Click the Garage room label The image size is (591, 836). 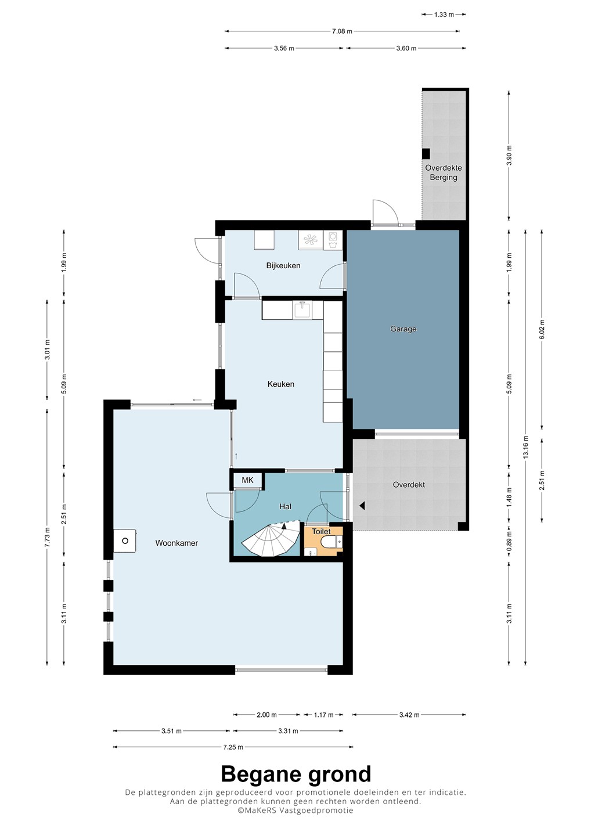click(x=403, y=329)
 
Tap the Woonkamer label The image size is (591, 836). click(x=176, y=543)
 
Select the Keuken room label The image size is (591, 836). click(x=280, y=384)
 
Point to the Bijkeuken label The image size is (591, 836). click(x=283, y=265)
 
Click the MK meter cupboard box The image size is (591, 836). click(x=247, y=480)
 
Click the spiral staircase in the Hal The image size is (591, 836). click(x=271, y=538)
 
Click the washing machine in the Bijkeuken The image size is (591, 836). click(x=333, y=240)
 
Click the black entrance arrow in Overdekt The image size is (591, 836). click(x=362, y=506)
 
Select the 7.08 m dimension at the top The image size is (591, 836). click(x=342, y=31)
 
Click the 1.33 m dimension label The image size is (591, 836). click(x=444, y=15)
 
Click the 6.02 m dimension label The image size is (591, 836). click(x=542, y=329)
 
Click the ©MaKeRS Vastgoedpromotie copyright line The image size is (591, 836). click(x=295, y=810)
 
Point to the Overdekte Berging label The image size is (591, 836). click(x=444, y=172)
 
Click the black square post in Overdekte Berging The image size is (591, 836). click(x=426, y=153)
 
